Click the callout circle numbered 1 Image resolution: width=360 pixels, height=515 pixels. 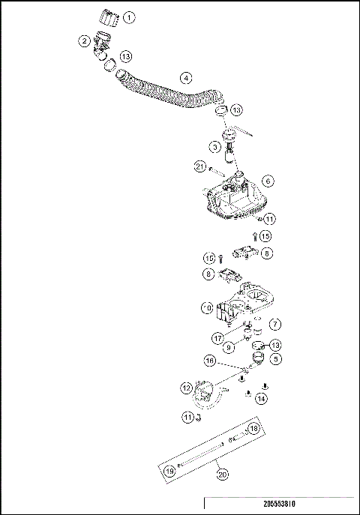coord(130,16)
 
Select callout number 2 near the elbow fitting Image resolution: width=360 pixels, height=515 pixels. coord(85,41)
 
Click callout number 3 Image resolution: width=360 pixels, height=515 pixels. coord(215,148)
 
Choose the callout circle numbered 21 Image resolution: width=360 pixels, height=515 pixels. coord(199,166)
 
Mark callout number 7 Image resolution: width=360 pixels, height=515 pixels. coord(275,325)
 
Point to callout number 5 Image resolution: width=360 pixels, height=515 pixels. coord(275,359)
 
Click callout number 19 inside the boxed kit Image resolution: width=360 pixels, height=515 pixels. coord(170,471)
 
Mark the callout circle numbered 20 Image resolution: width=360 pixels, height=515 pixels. coord(221,474)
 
